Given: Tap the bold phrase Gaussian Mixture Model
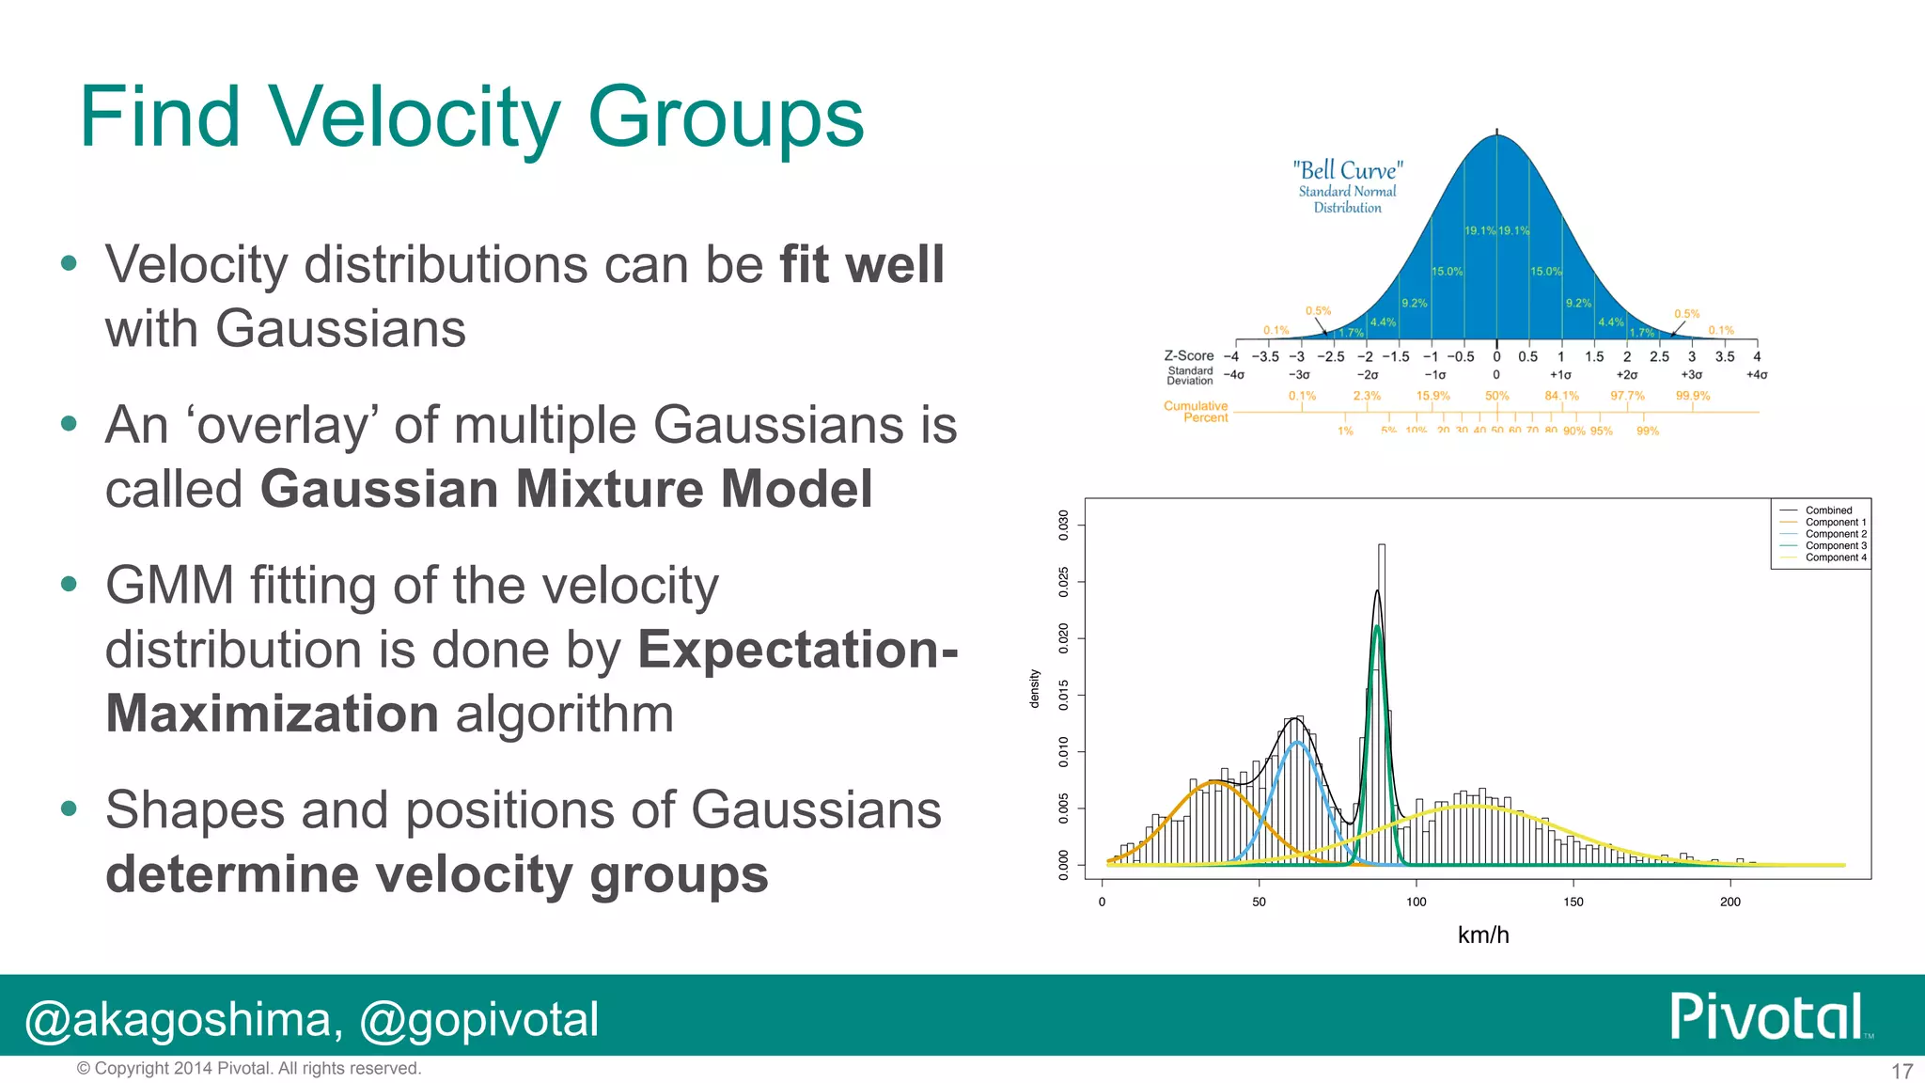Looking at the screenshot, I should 566,489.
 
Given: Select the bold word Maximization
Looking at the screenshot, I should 273,714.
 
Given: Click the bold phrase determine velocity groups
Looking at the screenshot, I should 436,874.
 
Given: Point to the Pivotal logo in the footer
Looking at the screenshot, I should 1767,1016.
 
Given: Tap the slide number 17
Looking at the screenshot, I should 1902,1071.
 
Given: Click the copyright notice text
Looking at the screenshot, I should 248,1068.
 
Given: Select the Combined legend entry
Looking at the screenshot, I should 1827,510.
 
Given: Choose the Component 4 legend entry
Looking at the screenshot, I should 1835,557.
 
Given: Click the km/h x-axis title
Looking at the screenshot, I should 1483,934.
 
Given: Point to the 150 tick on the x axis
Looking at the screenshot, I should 1573,902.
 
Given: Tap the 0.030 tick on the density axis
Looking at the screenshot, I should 1063,525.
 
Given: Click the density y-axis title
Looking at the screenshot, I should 1035,688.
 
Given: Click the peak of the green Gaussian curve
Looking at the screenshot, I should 1377,626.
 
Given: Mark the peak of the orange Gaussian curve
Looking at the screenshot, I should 1214,782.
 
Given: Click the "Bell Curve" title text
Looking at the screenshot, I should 1347,170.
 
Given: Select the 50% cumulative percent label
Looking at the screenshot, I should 1496,396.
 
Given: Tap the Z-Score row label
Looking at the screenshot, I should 1188,355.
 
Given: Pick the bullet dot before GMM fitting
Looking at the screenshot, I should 69,584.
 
